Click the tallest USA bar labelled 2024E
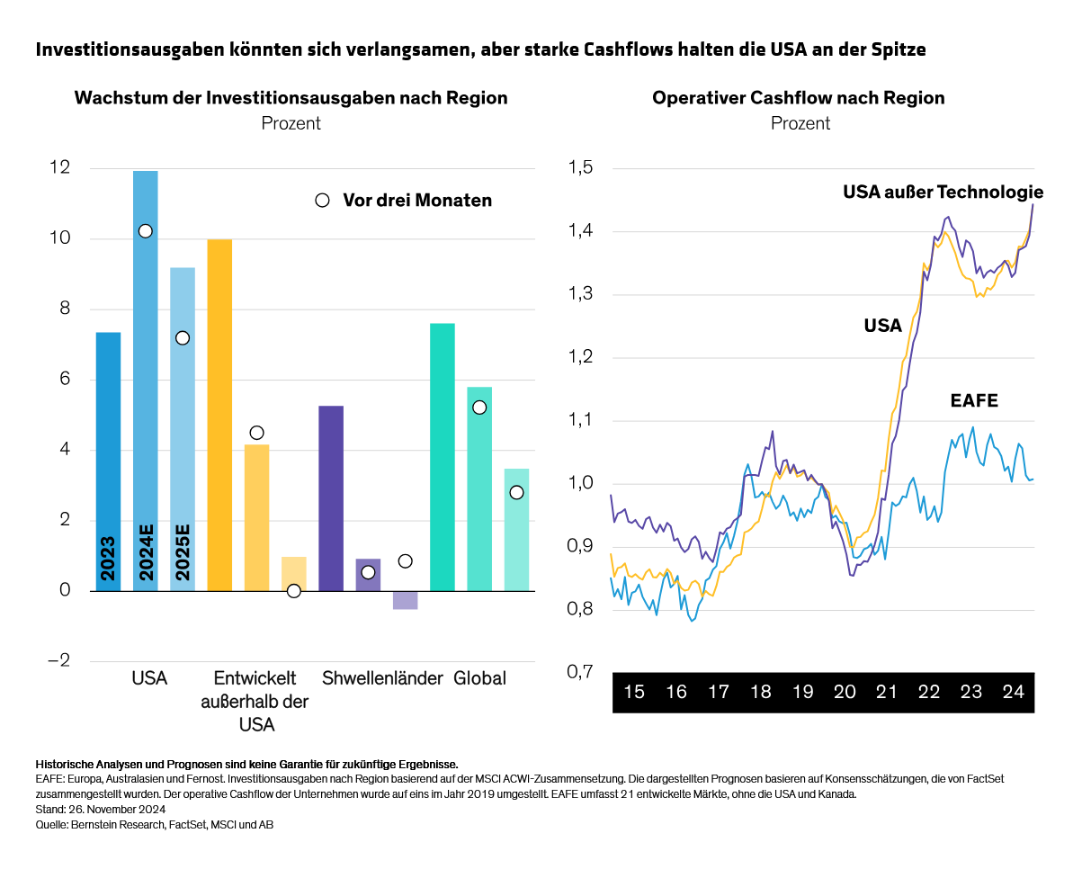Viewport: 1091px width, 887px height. (145, 378)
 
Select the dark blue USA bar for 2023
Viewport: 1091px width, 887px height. (108, 459)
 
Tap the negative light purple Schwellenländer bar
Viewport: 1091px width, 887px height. (405, 600)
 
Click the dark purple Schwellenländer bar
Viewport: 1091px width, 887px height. (331, 498)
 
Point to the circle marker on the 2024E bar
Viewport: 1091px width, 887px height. (145, 231)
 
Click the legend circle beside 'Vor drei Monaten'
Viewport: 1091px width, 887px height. (322, 201)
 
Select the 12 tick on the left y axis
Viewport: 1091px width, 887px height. (59, 168)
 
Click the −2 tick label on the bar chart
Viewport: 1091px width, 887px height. (58, 661)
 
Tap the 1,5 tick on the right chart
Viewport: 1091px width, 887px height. (581, 168)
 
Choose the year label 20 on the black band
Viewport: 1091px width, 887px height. (845, 692)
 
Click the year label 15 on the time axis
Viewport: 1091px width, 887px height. (634, 692)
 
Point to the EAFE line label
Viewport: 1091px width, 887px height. (974, 401)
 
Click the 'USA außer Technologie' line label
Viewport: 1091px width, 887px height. (943, 192)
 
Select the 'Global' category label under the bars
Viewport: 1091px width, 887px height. (479, 678)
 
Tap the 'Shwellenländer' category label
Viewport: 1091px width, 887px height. (382, 678)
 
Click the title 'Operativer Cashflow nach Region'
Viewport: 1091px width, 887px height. (799, 98)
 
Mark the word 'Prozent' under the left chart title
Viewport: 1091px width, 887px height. (291, 123)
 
